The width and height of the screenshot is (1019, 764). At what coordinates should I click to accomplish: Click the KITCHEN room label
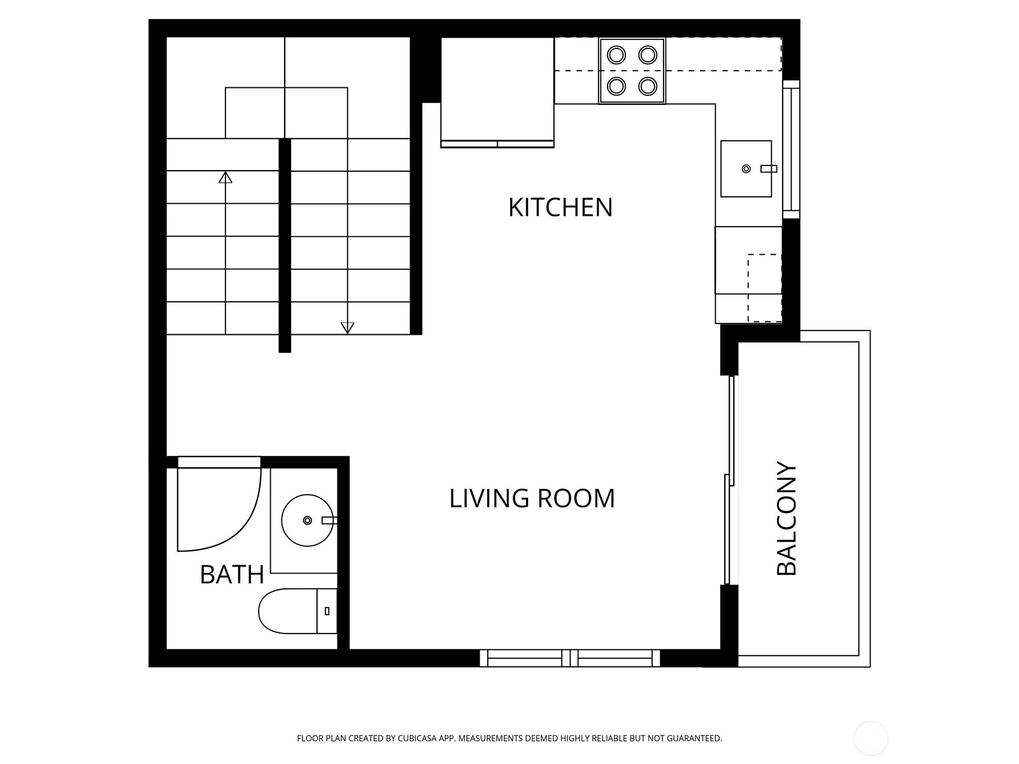click(x=560, y=208)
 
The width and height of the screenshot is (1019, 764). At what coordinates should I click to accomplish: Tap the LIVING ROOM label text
click(x=532, y=499)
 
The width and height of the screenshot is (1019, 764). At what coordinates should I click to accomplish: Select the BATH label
click(x=232, y=575)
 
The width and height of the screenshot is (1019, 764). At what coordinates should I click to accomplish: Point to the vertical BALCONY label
click(x=787, y=518)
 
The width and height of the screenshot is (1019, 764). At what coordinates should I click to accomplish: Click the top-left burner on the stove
click(x=616, y=55)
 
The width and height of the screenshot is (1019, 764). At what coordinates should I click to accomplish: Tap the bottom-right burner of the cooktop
click(x=648, y=86)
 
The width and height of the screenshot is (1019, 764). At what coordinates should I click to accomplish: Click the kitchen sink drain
click(x=746, y=169)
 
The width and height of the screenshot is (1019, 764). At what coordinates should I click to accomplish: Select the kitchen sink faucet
click(x=769, y=169)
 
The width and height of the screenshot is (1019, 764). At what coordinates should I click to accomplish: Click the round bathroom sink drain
click(x=308, y=520)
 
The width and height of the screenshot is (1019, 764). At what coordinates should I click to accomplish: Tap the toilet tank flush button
click(x=327, y=611)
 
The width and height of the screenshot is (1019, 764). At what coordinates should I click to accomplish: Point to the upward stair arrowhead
click(x=225, y=177)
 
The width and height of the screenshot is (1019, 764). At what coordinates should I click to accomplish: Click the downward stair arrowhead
click(x=347, y=328)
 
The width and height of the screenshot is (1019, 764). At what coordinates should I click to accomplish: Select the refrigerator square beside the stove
click(x=497, y=92)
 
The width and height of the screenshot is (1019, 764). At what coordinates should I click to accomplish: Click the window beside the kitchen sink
click(x=791, y=150)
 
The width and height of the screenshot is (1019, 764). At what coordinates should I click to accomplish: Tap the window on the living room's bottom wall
click(x=569, y=658)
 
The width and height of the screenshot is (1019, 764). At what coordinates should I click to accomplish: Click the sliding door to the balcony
click(x=729, y=479)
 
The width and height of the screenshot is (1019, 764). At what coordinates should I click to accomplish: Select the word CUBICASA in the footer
click(x=417, y=738)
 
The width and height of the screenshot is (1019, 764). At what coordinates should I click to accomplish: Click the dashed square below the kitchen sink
click(x=765, y=288)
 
